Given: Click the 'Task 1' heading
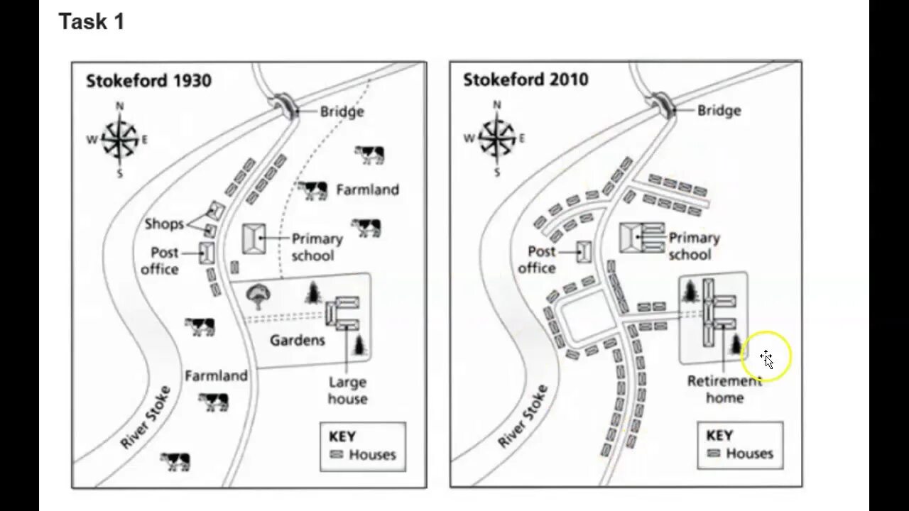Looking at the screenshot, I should (92, 22).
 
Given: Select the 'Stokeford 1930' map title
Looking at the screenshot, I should (148, 80).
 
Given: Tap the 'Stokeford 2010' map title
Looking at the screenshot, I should (526, 79).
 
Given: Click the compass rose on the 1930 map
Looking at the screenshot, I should (119, 140).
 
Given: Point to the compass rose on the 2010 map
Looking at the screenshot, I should (496, 138).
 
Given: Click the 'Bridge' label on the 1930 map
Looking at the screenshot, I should (342, 111).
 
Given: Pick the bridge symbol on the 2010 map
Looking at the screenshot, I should (662, 104).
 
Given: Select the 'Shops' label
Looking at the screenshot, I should (163, 224).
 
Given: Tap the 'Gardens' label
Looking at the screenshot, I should (297, 341).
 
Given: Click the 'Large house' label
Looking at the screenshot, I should (347, 390).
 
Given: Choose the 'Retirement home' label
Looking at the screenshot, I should (724, 389).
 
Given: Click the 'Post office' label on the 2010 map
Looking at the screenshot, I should (537, 259).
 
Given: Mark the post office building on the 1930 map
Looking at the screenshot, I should (207, 253).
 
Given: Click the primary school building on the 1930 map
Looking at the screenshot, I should (254, 238).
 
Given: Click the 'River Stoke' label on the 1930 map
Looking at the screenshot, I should (146, 417).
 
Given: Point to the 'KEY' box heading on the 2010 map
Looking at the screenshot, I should (720, 435).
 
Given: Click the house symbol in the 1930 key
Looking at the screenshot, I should (336, 455).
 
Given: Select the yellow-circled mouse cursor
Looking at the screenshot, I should (767, 358).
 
